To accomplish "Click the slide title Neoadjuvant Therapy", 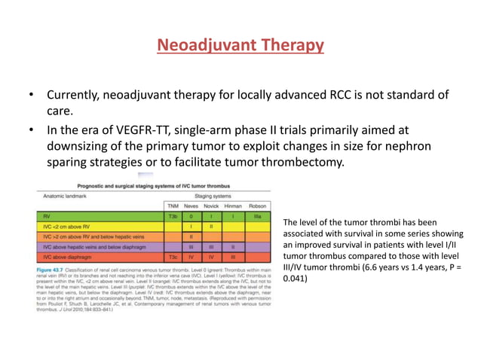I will tap(240, 46).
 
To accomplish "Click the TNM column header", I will tap(173, 206).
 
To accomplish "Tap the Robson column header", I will tap(259, 206).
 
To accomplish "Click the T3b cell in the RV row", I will tap(173, 215).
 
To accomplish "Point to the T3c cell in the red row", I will tap(173, 257).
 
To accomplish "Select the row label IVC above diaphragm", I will tap(72, 257).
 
